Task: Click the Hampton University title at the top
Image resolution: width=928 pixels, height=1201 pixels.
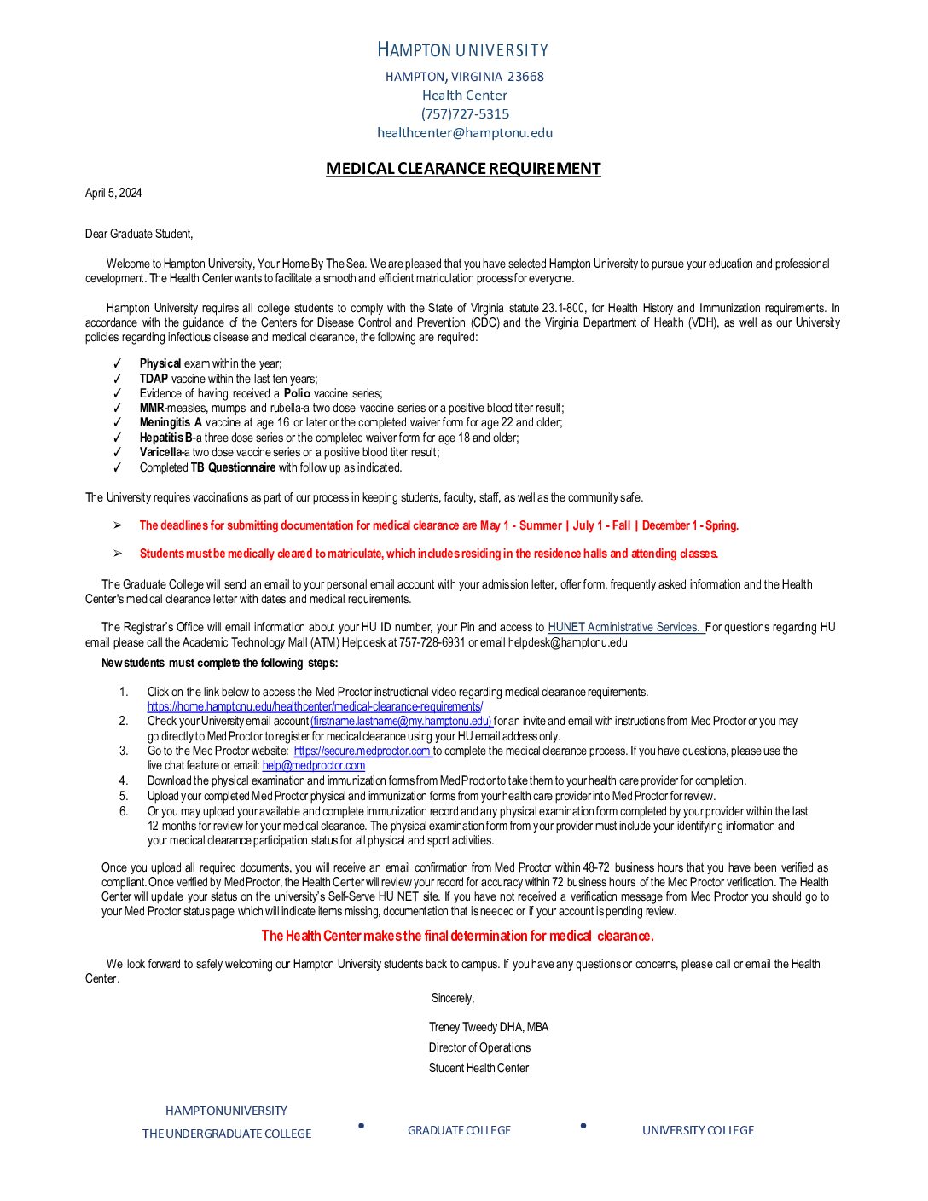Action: [x=463, y=50]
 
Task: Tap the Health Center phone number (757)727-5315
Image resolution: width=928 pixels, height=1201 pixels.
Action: [x=465, y=114]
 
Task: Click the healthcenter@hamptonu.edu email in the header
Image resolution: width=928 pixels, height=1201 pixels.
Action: [x=465, y=133]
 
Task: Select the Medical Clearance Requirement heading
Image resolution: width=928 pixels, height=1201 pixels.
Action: [x=463, y=169]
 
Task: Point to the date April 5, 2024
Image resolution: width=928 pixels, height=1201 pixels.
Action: [x=113, y=194]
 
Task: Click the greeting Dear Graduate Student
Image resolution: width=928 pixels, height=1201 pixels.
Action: [x=139, y=234]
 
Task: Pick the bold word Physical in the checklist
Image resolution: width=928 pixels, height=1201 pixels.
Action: [x=160, y=363]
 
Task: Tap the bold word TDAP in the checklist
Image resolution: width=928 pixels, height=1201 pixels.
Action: [x=154, y=379]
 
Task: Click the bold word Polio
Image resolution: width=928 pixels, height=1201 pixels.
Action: [x=297, y=393]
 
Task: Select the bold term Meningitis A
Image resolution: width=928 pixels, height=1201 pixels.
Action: [x=171, y=423]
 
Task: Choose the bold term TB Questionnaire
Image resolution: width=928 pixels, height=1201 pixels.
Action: [x=233, y=467]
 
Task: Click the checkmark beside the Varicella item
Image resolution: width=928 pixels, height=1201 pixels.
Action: [x=118, y=453]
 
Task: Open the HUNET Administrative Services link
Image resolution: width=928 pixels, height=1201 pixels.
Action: [x=625, y=628]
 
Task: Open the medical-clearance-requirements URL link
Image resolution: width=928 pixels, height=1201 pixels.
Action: [x=315, y=707]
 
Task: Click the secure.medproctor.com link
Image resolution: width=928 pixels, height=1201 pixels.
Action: [x=362, y=751]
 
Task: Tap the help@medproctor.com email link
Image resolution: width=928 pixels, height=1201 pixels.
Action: [x=314, y=766]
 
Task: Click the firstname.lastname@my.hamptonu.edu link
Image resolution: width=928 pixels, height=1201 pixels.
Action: [x=402, y=722]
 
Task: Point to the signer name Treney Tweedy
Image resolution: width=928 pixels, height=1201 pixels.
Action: [x=463, y=1028]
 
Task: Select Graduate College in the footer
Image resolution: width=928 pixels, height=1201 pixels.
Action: [x=459, y=1131]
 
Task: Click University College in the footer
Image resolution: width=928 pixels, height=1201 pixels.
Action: [x=698, y=1131]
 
